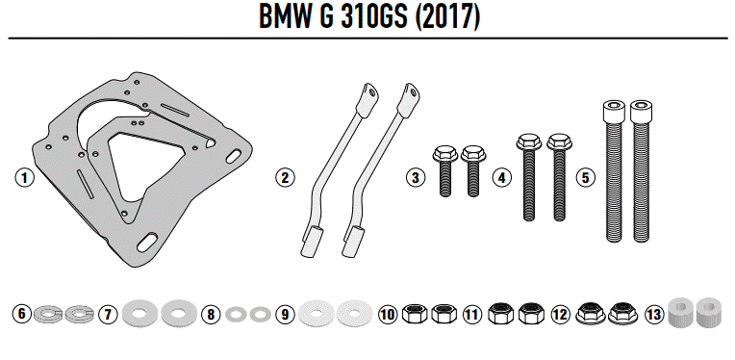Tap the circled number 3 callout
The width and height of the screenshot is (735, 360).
[415, 177]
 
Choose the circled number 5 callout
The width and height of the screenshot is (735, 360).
[586, 177]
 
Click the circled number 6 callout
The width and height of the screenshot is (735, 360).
[22, 314]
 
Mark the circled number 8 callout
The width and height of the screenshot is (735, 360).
[212, 314]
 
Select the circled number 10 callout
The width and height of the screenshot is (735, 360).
[388, 314]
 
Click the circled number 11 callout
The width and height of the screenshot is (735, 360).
[471, 314]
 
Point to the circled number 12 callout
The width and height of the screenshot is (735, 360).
[558, 314]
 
